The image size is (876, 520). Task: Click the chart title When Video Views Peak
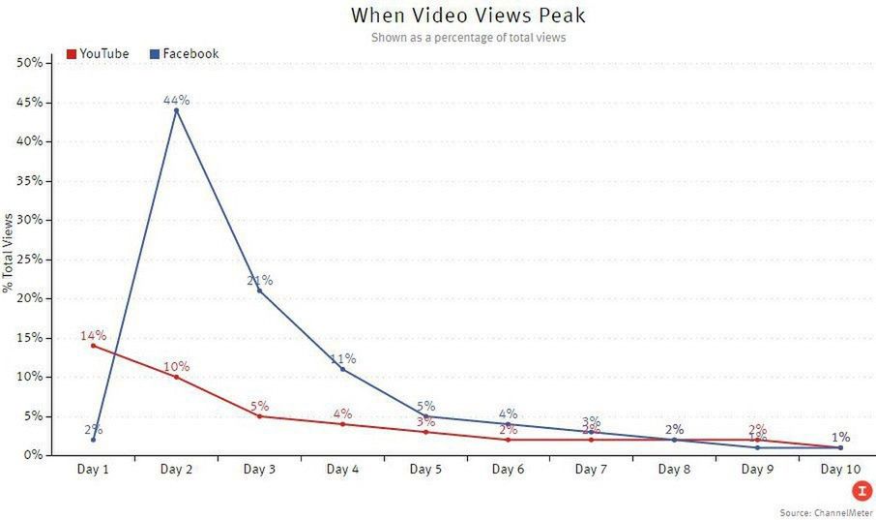[468, 15]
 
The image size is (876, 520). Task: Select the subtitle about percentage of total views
[468, 38]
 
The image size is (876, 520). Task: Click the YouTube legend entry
[97, 54]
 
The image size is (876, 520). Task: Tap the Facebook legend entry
[184, 54]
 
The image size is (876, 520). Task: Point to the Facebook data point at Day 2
[176, 110]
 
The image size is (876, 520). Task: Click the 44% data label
[176, 100]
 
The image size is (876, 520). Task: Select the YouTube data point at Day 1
[93, 346]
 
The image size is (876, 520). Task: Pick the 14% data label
[93, 335]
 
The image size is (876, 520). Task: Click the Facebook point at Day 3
[259, 291]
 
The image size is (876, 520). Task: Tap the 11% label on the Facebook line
[343, 358]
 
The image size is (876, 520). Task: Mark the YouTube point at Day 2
[176, 377]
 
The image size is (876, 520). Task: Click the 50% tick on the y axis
[29, 63]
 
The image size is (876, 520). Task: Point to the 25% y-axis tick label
[29, 260]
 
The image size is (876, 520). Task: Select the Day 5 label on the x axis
[425, 470]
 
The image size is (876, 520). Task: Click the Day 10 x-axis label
[839, 470]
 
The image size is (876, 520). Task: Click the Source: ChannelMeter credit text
[826, 511]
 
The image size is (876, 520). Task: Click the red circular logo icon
[861, 490]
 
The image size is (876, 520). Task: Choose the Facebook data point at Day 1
[93, 440]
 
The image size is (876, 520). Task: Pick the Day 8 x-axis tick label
[674, 470]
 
